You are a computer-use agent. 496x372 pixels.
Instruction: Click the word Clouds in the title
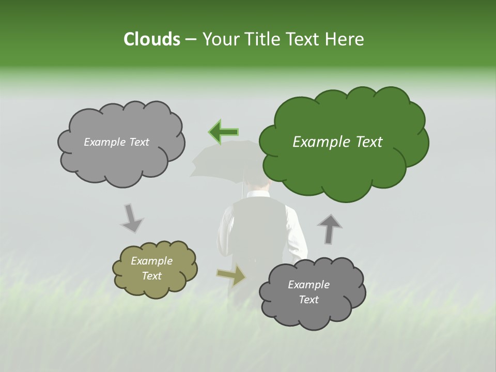[151, 39]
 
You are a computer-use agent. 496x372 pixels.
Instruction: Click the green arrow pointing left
[223, 131]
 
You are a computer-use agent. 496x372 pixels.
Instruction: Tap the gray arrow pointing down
[131, 218]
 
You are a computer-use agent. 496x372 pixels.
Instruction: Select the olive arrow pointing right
[231, 275]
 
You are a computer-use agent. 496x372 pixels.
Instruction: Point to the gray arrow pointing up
[330, 228]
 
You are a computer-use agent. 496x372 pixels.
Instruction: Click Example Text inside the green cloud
[337, 142]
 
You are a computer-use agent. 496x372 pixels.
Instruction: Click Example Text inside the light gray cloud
[116, 142]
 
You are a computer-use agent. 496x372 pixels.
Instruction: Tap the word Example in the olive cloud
[151, 261]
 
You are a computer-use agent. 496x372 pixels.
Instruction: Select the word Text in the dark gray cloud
[308, 300]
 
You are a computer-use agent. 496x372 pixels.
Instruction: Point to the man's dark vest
[258, 227]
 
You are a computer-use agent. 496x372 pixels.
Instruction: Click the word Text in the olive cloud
[151, 276]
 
